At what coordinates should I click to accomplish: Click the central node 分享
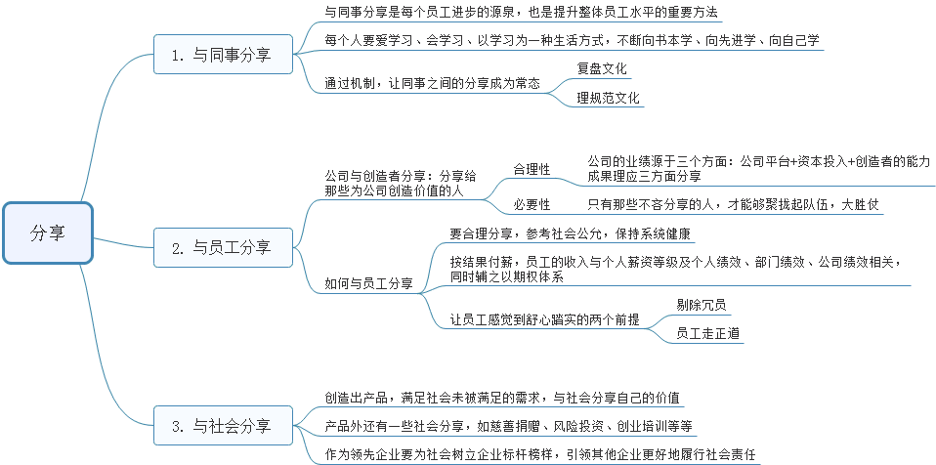pos(48,232)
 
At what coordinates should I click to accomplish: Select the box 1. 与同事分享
pos(222,55)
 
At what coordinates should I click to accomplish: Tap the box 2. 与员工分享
pos(222,248)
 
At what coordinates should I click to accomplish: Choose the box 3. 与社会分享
pos(222,426)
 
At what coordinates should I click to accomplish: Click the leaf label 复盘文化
pos(603,70)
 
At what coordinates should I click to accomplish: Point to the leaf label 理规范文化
pos(609,98)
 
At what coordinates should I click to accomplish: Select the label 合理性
pos(532,169)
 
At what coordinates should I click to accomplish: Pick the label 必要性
pos(532,204)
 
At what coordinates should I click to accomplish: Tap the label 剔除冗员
pos(702,305)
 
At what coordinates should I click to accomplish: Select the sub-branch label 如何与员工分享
pos(368,284)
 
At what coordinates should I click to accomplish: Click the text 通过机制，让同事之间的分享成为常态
pos(432,84)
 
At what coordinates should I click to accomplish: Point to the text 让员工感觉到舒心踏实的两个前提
pos(545,318)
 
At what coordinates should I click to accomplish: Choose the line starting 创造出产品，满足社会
pos(503,399)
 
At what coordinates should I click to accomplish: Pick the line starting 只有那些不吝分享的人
pos(733,204)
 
